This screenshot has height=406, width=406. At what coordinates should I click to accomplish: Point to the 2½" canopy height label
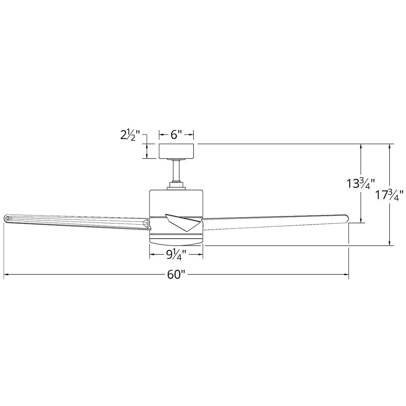130,135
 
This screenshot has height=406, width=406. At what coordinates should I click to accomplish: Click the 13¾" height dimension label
361,184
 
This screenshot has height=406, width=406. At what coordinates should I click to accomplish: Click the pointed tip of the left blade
5,218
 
